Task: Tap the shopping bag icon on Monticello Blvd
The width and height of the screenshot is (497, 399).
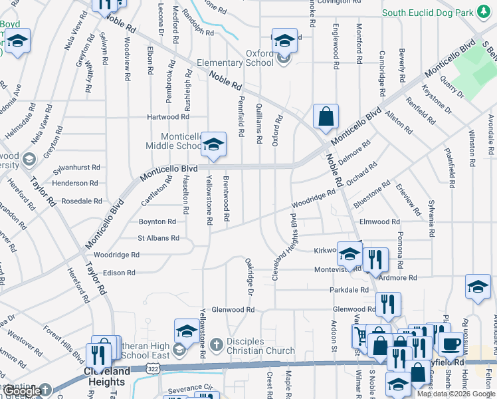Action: (x=326, y=117)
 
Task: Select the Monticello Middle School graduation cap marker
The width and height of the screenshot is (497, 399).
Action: (x=213, y=145)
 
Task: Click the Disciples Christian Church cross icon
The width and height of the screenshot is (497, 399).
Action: (x=215, y=344)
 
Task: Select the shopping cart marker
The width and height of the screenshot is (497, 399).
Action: (x=360, y=334)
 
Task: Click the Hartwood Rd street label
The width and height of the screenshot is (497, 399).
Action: (x=168, y=117)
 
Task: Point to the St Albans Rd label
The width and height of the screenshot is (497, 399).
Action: (x=158, y=237)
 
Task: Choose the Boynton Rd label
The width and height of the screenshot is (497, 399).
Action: (x=157, y=221)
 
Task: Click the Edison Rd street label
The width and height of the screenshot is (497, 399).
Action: (x=119, y=273)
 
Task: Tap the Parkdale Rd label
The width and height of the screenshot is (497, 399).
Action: (x=349, y=290)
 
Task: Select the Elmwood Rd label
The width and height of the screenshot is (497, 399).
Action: (x=379, y=221)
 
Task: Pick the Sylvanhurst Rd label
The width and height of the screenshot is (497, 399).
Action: (x=76, y=168)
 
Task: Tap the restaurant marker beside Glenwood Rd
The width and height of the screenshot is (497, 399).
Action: (x=388, y=305)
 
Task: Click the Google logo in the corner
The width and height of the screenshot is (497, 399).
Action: (x=24, y=391)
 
